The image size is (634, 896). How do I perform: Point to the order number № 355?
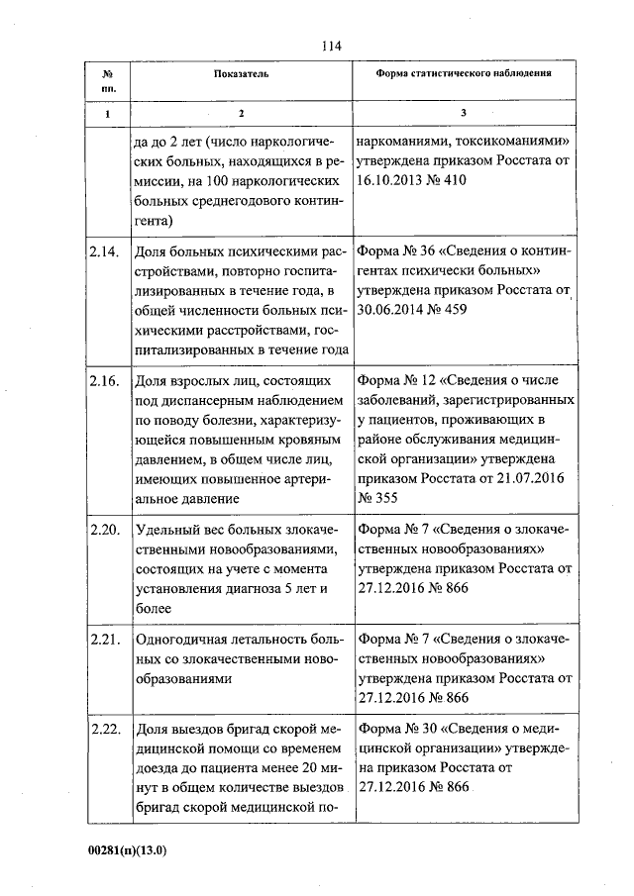[379, 499]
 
